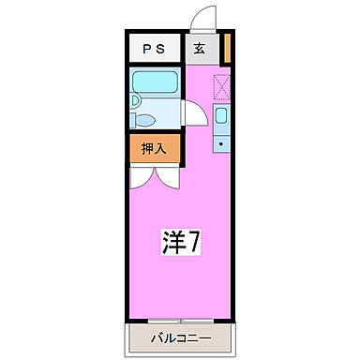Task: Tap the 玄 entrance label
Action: pos(200,50)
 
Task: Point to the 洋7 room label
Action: pos(179,242)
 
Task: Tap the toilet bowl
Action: pos(142,120)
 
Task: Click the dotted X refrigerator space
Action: pos(222,87)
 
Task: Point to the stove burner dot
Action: pos(221,144)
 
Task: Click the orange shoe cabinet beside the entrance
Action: pos(227,48)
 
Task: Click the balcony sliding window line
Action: pos(180,320)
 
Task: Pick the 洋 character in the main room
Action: pos(170,242)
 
